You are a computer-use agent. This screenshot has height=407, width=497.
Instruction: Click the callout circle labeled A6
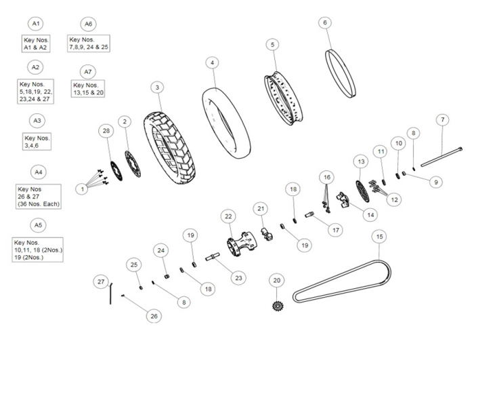tap(89, 24)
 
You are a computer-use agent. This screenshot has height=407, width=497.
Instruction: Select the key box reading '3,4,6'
tap(37, 142)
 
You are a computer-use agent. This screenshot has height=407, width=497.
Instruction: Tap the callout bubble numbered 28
tap(106, 131)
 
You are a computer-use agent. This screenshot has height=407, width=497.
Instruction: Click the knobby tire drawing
tap(169, 149)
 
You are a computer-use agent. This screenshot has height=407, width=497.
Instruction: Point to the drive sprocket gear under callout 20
tap(278, 306)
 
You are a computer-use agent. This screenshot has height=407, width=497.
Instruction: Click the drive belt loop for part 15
tap(342, 282)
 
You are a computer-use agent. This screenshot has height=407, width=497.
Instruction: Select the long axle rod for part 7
tap(441, 157)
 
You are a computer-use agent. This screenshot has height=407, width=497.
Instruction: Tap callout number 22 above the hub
tap(229, 216)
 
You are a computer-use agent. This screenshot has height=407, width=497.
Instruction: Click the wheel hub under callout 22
tap(242, 244)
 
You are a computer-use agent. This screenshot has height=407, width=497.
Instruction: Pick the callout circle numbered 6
tap(325, 22)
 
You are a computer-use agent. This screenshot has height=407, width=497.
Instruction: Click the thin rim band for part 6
tap(341, 74)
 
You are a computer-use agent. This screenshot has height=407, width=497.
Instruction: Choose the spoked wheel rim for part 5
tap(283, 98)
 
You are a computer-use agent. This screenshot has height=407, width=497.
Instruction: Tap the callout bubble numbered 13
tap(362, 161)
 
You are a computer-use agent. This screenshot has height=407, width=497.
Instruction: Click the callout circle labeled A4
tap(38, 172)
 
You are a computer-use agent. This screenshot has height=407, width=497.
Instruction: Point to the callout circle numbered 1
tap(82, 189)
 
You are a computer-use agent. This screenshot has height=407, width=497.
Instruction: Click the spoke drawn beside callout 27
tap(110, 293)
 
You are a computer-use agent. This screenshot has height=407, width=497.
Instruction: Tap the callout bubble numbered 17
tap(336, 230)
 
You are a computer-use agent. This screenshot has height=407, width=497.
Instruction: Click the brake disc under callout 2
tap(133, 163)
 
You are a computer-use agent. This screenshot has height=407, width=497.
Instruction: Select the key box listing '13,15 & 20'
tap(88, 89)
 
